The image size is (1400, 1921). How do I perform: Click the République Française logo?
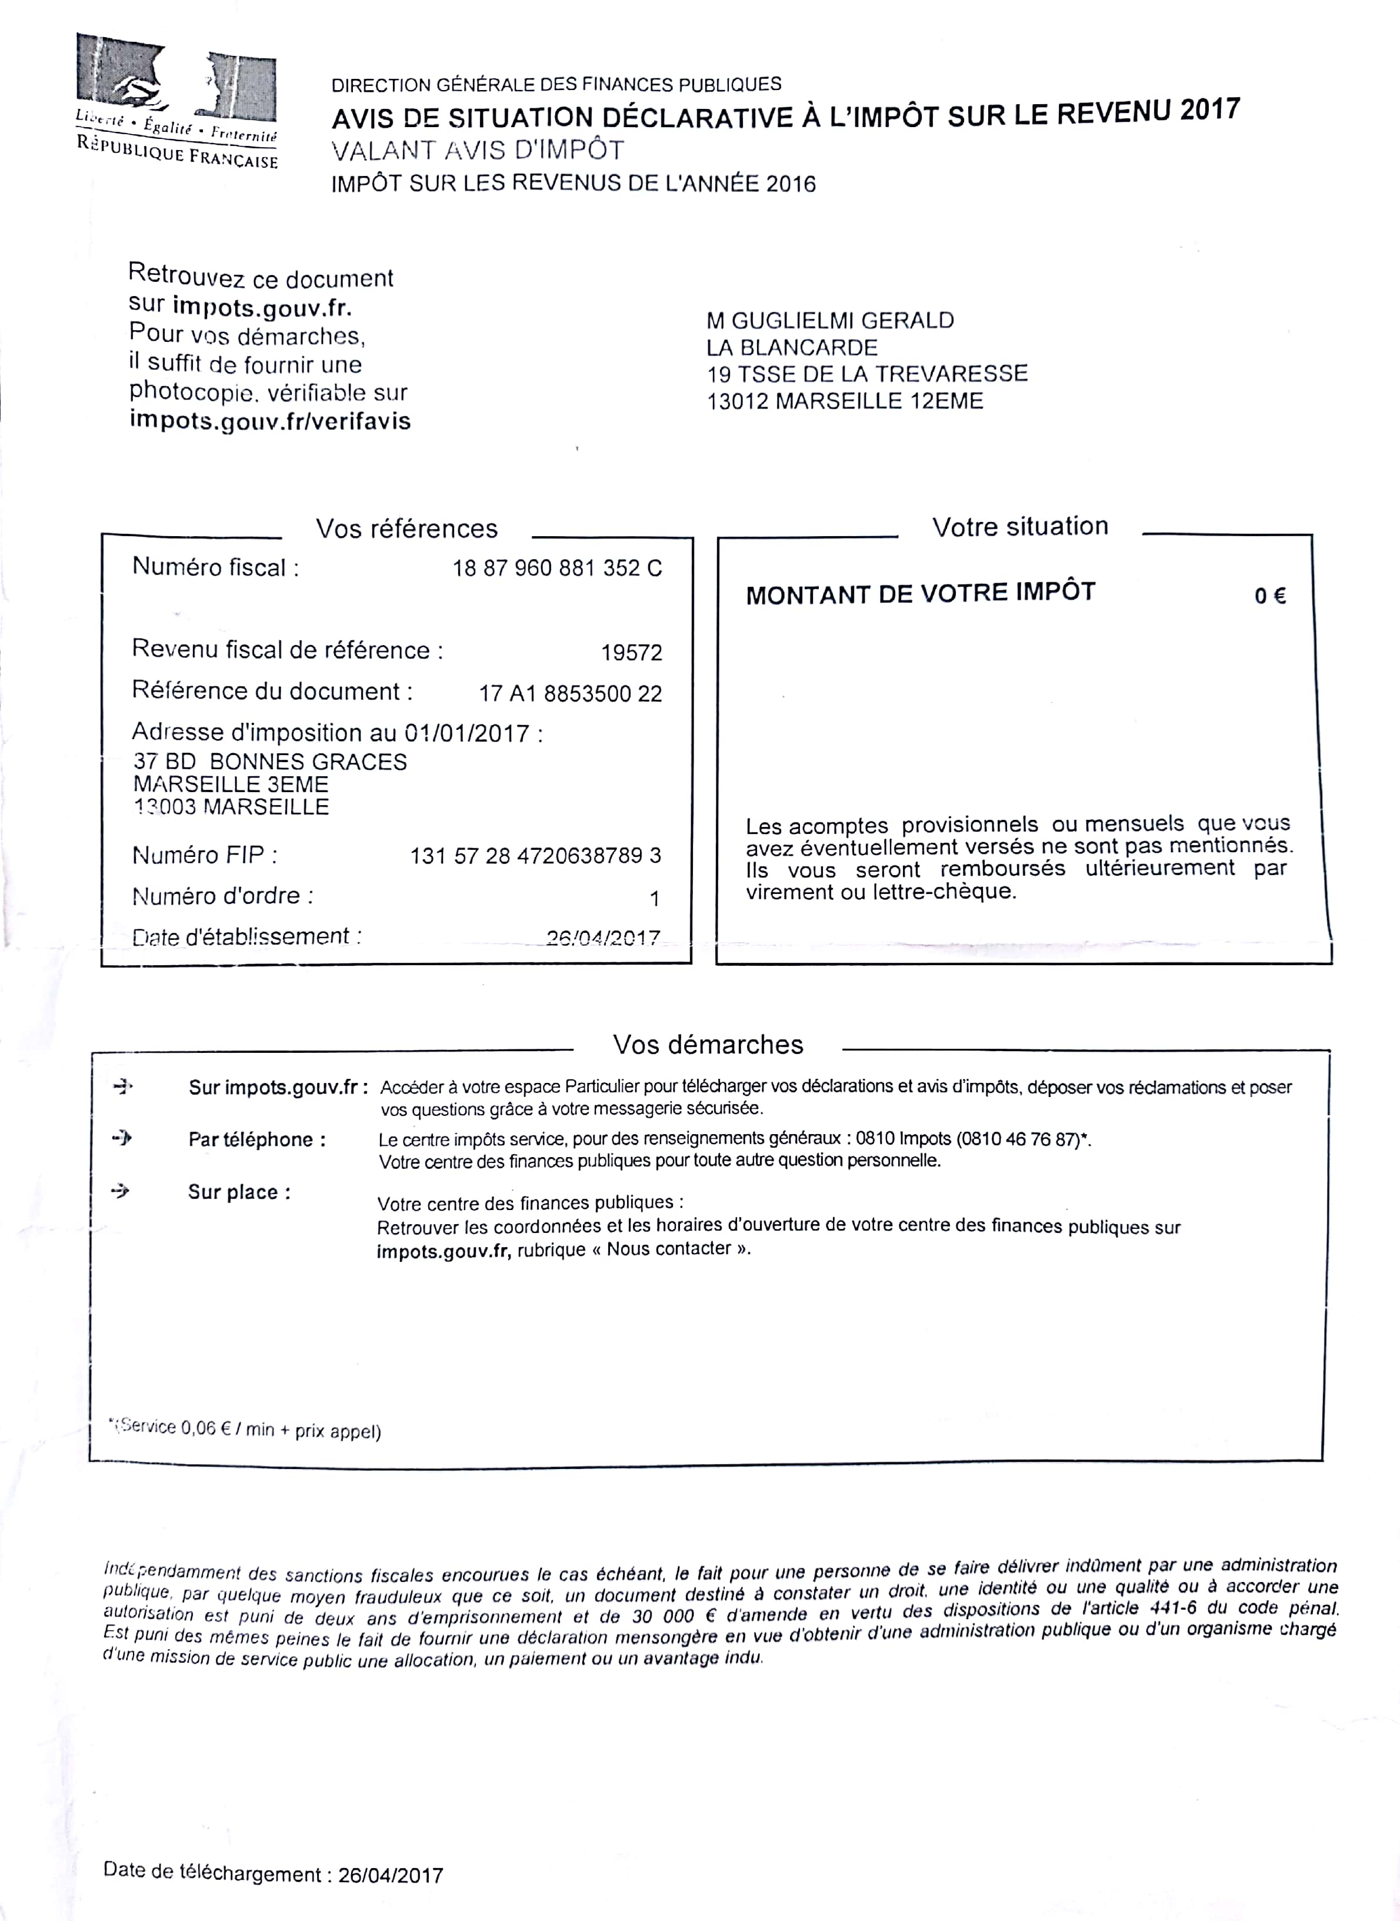point(176,101)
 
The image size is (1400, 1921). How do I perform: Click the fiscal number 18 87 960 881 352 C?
point(557,568)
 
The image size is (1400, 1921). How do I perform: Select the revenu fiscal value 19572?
point(631,653)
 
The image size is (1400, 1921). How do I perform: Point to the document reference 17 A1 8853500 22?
point(571,693)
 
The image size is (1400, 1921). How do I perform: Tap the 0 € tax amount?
point(1269,596)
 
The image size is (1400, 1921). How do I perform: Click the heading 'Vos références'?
point(407,529)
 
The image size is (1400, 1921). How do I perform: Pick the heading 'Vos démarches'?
point(708,1045)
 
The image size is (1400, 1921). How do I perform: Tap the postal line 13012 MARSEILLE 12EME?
point(845,401)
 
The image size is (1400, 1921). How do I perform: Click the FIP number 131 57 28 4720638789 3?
point(536,855)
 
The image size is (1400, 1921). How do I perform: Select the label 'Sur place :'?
point(239,1192)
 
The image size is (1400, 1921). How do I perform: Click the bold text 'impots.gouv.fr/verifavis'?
point(269,420)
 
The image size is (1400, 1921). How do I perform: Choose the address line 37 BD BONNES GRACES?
point(269,762)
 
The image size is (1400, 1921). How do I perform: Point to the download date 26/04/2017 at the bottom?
point(390,1875)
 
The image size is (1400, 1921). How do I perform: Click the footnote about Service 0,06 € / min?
point(246,1430)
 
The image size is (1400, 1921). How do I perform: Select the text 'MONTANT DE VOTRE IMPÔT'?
point(921,593)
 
